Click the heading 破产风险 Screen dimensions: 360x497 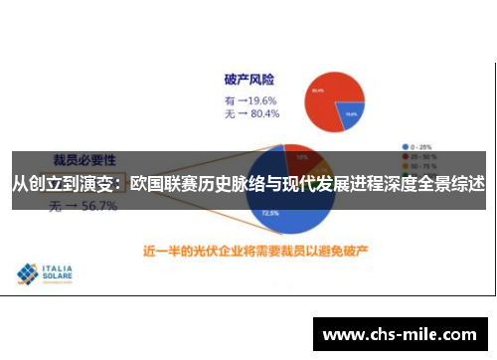pos(249,79)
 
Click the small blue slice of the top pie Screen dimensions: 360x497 pos(350,115)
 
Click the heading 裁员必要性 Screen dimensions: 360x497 pos(83,158)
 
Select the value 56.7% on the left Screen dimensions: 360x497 pos(98,207)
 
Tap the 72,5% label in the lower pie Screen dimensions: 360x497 pos(268,213)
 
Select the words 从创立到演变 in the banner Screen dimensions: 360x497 pos(61,184)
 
